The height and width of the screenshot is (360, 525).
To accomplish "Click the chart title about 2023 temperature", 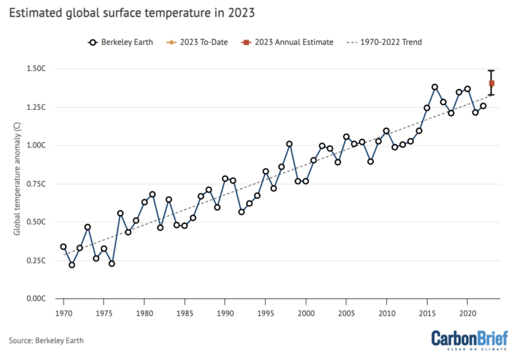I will pyautogui.click(x=137, y=12).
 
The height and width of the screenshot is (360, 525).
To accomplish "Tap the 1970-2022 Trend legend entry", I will pyautogui.click(x=384, y=42).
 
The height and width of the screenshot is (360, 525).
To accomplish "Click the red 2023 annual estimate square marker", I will pyautogui.click(x=492, y=83).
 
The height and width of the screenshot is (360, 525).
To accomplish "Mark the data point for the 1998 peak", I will pyautogui.click(x=289, y=144).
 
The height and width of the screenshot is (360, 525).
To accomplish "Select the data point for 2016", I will pyautogui.click(x=435, y=87).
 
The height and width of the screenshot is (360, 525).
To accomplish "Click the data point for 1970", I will pyautogui.click(x=64, y=247).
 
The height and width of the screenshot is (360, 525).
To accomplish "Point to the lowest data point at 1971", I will pyautogui.click(x=72, y=265).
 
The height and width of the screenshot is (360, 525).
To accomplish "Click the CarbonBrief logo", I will pyautogui.click(x=472, y=340).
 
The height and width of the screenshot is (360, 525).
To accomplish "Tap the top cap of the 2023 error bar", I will pyautogui.click(x=492, y=70).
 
